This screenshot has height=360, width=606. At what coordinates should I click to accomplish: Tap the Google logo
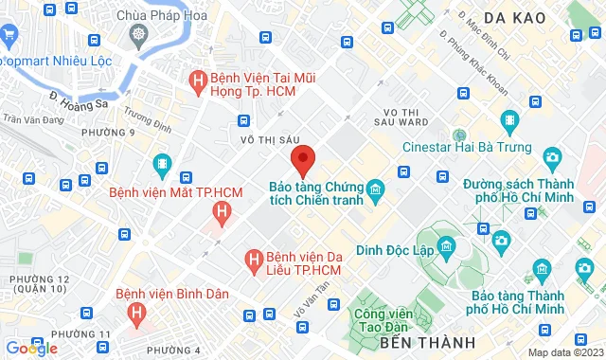pyautogui.click(x=30, y=349)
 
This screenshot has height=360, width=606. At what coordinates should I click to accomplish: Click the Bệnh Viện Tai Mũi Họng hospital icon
pyautogui.click(x=198, y=81)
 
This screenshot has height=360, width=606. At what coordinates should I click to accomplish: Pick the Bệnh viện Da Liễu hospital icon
pyautogui.click(x=253, y=258)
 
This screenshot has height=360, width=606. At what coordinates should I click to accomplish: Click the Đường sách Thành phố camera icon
pyautogui.click(x=551, y=157)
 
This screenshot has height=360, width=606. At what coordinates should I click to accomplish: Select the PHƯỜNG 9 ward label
pyautogui.click(x=110, y=132)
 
